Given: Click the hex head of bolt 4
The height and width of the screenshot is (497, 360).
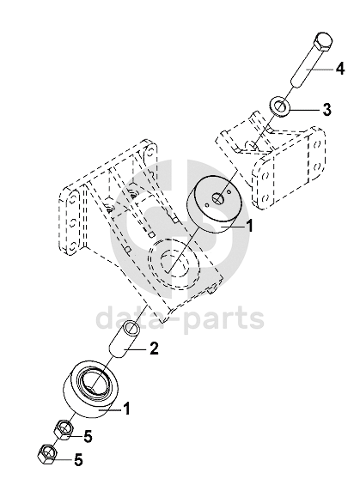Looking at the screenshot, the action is pyautogui.click(x=323, y=42).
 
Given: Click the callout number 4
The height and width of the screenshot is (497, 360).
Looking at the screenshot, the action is pyautogui.click(x=340, y=69).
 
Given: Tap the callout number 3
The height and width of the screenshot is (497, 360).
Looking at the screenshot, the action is pyautogui.click(x=327, y=109).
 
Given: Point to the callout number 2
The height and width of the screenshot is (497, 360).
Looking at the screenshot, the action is pyautogui.click(x=154, y=349).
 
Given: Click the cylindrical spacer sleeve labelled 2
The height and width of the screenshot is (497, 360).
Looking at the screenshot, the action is pyautogui.click(x=125, y=338).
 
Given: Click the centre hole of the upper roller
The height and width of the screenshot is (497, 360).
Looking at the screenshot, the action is pyautogui.click(x=219, y=199).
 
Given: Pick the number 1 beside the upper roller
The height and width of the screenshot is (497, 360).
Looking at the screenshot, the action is pyautogui.click(x=250, y=227).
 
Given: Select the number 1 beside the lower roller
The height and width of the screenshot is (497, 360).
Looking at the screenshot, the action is pyautogui.click(x=127, y=409).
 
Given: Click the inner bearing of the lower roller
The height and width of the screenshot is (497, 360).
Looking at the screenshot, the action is pyautogui.click(x=95, y=385).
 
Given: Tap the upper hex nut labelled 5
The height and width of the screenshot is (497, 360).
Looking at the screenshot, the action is pyautogui.click(x=64, y=430).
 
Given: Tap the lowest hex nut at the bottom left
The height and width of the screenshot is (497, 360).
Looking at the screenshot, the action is pyautogui.click(x=47, y=454).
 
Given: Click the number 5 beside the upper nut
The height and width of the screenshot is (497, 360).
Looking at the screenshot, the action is pyautogui.click(x=88, y=436).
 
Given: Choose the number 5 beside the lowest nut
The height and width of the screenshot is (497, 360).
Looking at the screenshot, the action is pyautogui.click(x=78, y=459).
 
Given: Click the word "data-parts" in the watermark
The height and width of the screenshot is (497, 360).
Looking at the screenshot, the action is pyautogui.click(x=180, y=317).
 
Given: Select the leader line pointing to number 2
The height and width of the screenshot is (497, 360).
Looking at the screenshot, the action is pyautogui.click(x=136, y=349).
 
